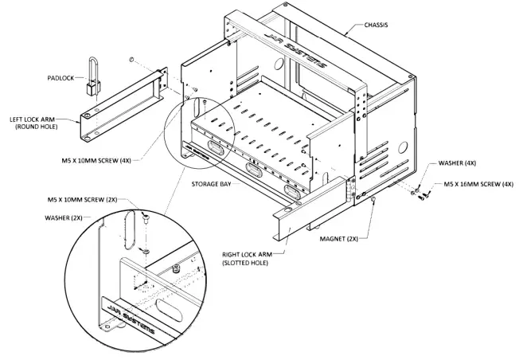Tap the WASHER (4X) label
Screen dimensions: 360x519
pyautogui.click(x=459, y=162)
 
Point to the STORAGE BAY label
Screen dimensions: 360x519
pyautogui.click(x=210, y=183)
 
